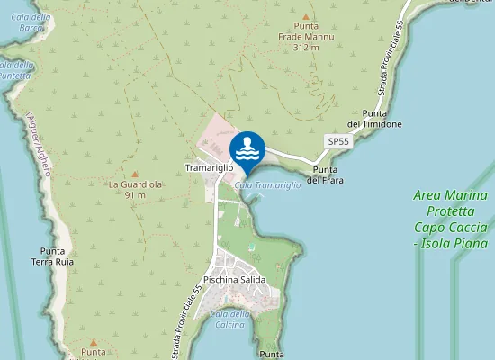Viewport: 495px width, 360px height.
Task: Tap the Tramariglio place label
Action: pos(209,168)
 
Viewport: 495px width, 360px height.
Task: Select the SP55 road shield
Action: pos(337,142)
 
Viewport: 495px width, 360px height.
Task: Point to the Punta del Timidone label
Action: pos(374,119)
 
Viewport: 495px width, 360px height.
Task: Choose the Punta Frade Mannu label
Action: pos(305,31)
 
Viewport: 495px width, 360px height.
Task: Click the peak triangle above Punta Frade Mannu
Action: pos(305,16)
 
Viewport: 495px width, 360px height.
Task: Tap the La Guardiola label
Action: pos(135,184)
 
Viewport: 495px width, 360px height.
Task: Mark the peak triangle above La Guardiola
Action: pos(135,174)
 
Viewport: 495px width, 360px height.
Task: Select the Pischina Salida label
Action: pos(234,280)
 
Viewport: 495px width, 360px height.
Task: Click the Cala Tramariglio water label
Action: pos(267,184)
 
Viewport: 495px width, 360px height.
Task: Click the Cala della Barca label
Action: pos(31,22)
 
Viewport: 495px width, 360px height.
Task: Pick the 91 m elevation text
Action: pos(135,195)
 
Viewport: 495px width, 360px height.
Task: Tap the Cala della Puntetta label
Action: pos(16,69)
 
